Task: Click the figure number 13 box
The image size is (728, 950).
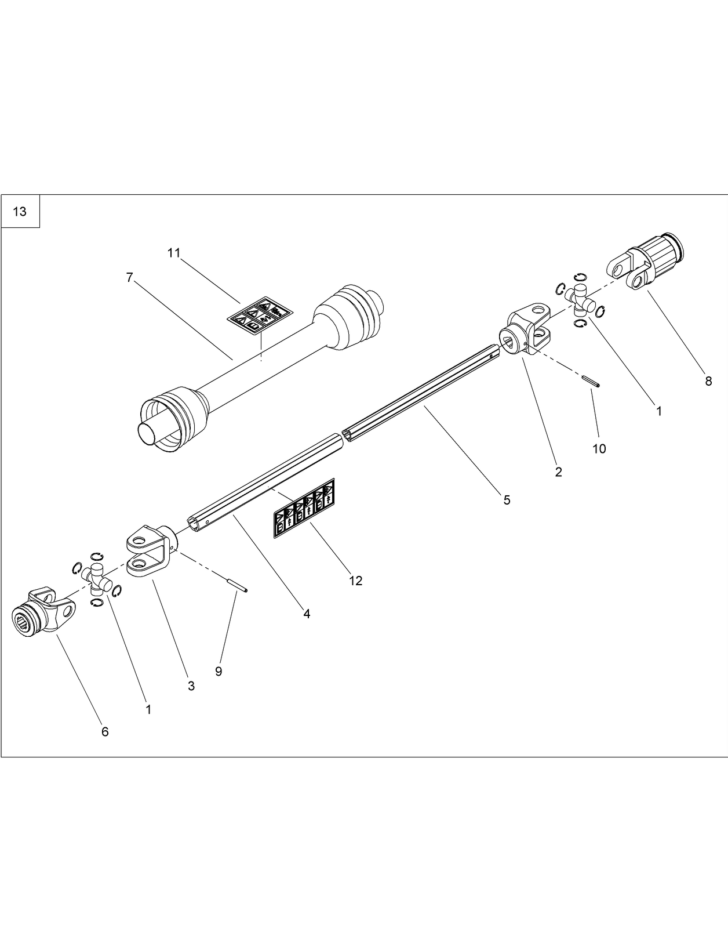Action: coord(20,212)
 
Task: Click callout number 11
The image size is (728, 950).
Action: coord(174,253)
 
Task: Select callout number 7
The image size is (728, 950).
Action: coord(129,278)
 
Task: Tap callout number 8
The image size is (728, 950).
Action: coord(708,382)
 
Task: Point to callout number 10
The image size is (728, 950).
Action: coord(599,448)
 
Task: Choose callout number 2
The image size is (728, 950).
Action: coord(558,472)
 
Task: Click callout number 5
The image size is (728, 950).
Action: coord(507,500)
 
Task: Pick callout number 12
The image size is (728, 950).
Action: coord(355,581)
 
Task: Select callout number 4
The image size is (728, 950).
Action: coord(307,614)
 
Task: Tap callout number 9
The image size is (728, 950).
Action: coord(219,671)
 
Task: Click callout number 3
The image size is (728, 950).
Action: coord(191,686)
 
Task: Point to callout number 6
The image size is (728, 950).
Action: coord(105,732)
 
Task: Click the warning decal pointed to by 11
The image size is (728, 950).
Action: coord(259,315)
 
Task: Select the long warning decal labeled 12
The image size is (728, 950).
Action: coord(304,509)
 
